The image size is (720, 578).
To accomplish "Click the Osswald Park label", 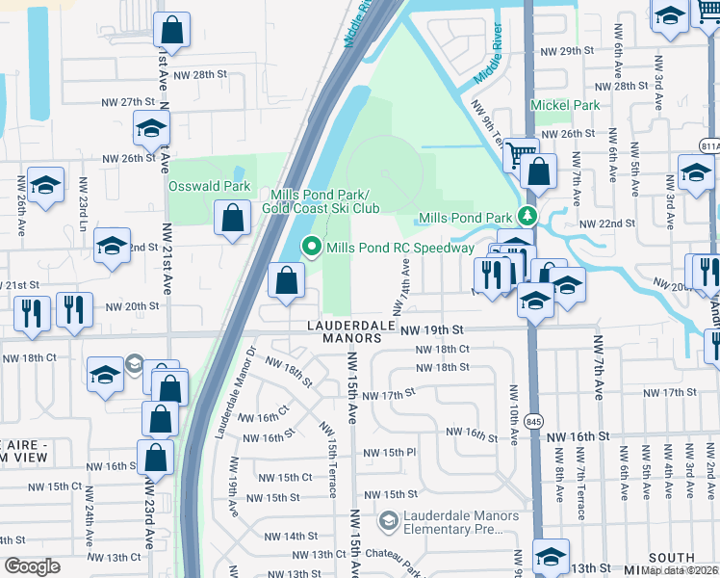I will point(209,186).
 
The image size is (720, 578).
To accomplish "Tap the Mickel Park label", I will point(565,105).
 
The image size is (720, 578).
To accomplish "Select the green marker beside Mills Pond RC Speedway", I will point(312,248).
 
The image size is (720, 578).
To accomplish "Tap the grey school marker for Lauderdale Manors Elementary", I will point(389,522).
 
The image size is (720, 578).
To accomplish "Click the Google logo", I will point(32,566).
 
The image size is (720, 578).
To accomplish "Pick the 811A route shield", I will point(710,145).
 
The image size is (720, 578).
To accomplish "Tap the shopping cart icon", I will point(521,153).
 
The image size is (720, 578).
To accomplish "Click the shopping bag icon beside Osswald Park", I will point(233,219).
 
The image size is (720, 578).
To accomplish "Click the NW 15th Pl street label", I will point(389,452).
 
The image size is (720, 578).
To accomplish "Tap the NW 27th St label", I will point(129,101).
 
